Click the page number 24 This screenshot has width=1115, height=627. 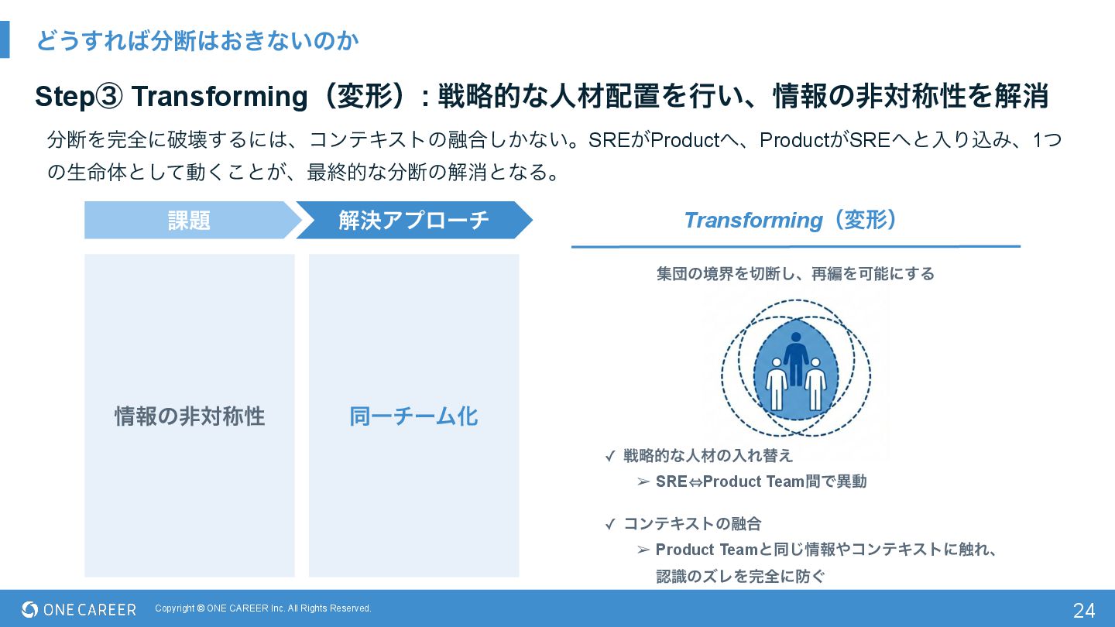pos(1083,610)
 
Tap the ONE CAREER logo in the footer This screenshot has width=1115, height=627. pos(79,610)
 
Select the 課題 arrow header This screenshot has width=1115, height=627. pos(190,221)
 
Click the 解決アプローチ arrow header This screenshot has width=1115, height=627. pos(413,221)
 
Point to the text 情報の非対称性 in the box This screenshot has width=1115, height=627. pos(190,416)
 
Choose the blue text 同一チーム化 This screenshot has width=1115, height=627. pos(413,416)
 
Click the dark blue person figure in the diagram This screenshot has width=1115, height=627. pos(795,358)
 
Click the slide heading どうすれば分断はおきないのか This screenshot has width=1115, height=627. pos(197,41)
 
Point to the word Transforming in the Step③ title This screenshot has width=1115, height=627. pos(220,97)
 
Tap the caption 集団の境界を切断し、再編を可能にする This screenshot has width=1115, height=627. pos(795,274)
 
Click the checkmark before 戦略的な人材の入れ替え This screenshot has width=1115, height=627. pos(610,457)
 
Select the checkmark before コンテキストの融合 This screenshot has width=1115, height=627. pos(610,525)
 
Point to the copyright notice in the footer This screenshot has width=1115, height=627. pos(263,608)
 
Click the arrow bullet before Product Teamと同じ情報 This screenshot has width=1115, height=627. pos(643,550)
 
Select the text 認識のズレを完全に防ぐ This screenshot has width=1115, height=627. pos(740,576)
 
